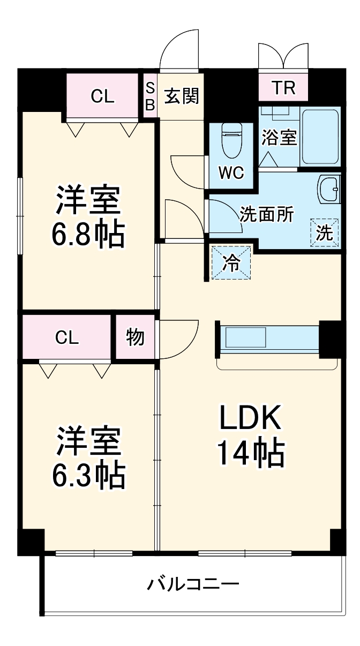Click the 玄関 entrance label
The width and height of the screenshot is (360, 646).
click(182, 97)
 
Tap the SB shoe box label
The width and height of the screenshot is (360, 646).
click(151, 97)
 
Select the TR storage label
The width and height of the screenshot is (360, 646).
click(283, 88)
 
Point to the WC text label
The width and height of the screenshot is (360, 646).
click(231, 173)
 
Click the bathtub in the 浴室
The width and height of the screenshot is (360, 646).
click(320, 137)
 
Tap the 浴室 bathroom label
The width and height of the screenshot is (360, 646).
click(279, 138)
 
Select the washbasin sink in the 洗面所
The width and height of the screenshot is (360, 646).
click(328, 189)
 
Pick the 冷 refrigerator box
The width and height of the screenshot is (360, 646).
click(231, 263)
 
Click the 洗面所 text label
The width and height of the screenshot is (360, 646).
click(266, 214)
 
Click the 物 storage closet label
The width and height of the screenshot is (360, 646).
click(134, 337)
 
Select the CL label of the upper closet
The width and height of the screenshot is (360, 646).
click(102, 96)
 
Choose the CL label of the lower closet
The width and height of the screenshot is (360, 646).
click(67, 337)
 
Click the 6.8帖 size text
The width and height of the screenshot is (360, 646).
click(88, 234)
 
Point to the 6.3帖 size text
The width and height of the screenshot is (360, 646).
click(88, 474)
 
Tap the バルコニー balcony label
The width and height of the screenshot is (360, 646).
click(193, 583)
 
